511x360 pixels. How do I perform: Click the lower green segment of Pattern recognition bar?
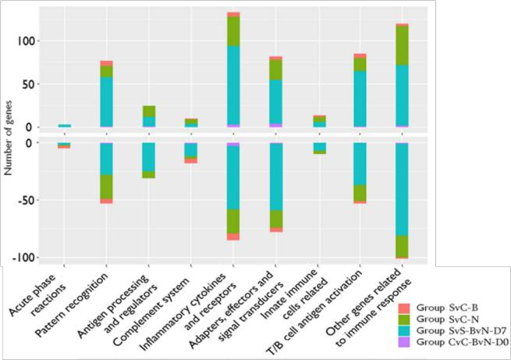tap(106, 187)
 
